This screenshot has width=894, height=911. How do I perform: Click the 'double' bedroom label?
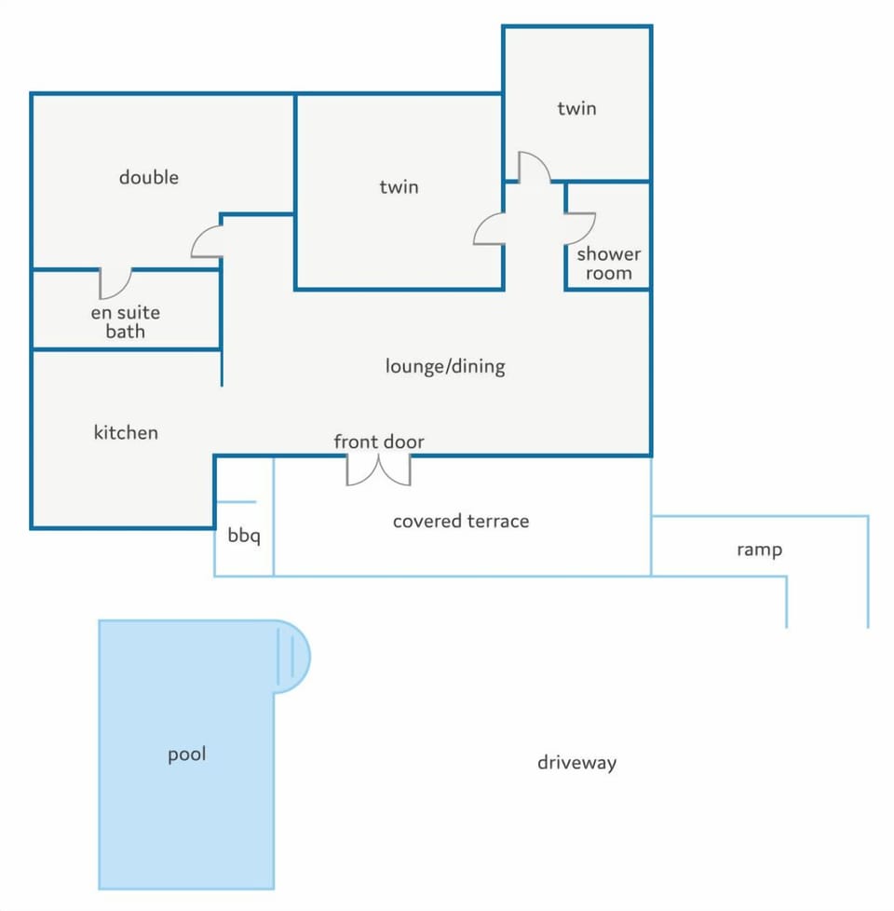149,177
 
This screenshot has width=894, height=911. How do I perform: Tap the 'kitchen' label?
126,432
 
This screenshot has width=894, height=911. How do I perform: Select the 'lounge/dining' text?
445,367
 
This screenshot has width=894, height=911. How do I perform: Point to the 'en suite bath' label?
126,322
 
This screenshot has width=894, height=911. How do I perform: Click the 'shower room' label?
609,264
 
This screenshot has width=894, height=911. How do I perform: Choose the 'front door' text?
379,442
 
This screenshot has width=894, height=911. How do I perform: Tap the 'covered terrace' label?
461,521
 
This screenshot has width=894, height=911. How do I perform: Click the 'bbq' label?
244,535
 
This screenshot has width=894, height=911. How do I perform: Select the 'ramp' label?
759,550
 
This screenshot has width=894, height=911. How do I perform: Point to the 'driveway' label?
576,763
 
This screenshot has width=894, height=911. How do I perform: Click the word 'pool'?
187,755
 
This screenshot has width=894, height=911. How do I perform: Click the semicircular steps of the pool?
292,657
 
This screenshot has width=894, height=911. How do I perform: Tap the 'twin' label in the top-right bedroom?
576,109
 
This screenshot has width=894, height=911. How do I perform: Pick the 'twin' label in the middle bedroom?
400,187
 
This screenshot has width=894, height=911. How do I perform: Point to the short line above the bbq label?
236,502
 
